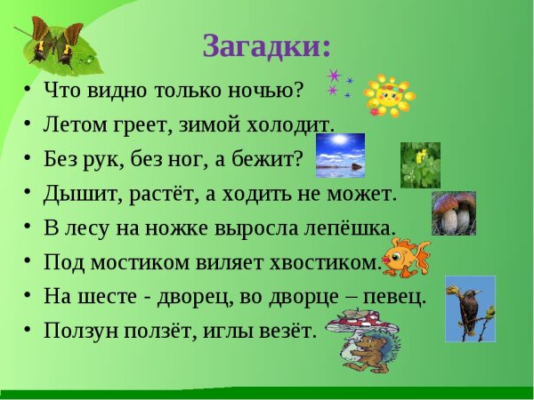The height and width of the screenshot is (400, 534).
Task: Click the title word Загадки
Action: click(x=266, y=45)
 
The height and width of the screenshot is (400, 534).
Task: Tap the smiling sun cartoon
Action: click(x=388, y=95)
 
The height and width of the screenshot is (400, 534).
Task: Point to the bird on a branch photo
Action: click(x=470, y=308)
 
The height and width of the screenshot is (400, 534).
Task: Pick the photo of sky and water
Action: click(x=340, y=156)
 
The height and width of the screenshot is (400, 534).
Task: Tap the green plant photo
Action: click(x=420, y=164)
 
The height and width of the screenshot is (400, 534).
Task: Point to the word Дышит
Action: click(x=77, y=193)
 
